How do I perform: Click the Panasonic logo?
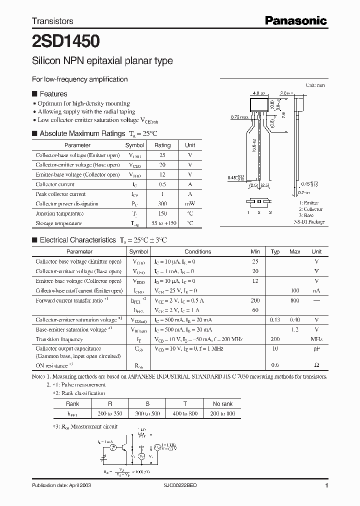pos(295,20)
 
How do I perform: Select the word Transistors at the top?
pos(52,21)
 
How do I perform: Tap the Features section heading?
pos(53,93)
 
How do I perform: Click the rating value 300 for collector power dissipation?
pos(162,204)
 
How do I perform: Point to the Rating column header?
pos(162,145)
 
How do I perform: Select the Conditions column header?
pos(197,251)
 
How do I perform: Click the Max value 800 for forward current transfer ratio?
pos(294,300)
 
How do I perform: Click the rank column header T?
pos(184,403)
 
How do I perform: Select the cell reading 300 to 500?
pos(147,413)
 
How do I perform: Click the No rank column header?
pos(222,403)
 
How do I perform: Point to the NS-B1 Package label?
pos(309,221)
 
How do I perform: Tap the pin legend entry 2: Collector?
pos(310,209)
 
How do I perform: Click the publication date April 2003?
pos(61,485)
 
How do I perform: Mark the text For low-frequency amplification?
pos(79,79)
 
